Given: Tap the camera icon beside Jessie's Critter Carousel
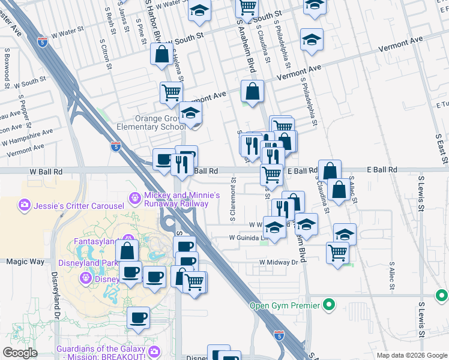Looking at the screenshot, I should click(x=25, y=206).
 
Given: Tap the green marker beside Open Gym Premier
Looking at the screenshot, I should click(x=328, y=305).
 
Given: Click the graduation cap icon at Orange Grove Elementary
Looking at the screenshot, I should click(x=190, y=112).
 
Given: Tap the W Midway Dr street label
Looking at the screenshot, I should click(x=279, y=262).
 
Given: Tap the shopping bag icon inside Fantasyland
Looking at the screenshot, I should click(x=127, y=250).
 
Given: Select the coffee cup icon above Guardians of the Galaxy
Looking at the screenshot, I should click(x=139, y=317).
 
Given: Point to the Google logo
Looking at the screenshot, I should click(x=20, y=353).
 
